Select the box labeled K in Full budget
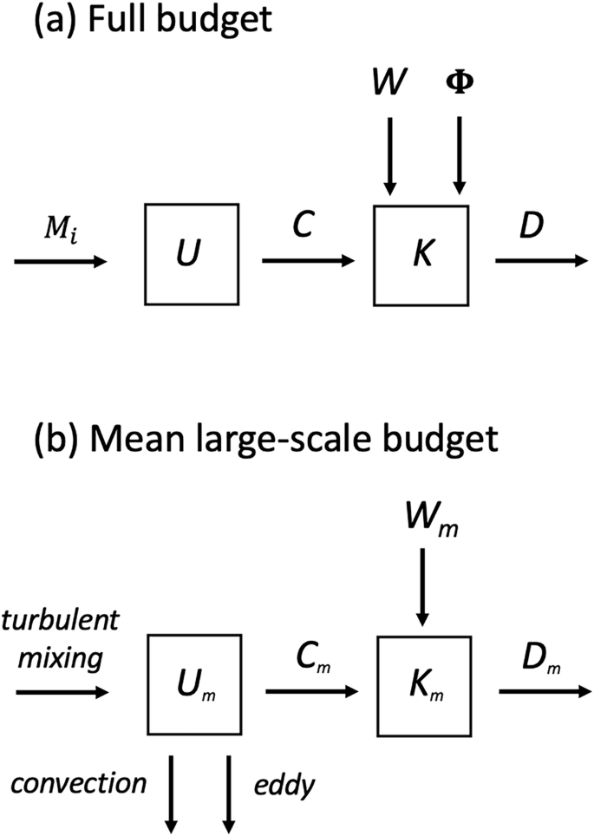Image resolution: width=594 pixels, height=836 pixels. click(x=421, y=254)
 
